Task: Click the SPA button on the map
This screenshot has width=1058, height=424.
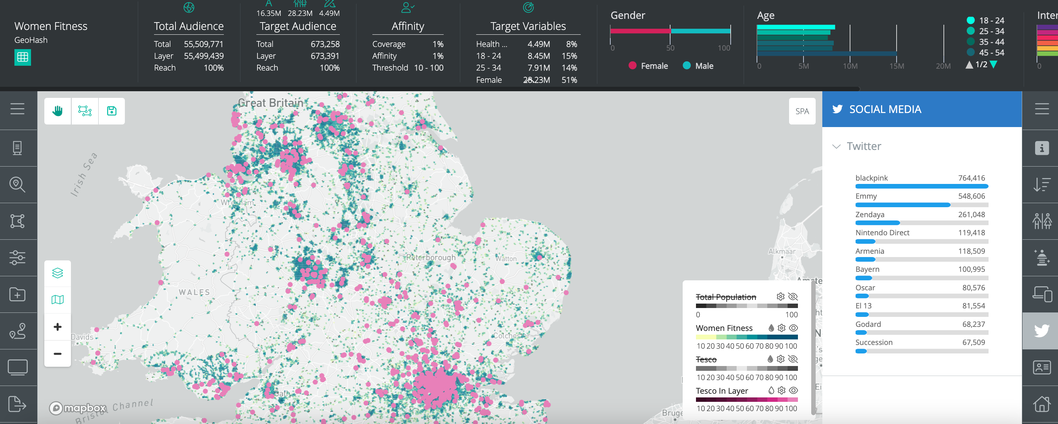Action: [802, 111]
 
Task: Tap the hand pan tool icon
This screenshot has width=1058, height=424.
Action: [58, 111]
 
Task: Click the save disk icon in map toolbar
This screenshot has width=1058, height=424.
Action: [112, 111]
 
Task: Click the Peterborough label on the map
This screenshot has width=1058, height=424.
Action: [430, 257]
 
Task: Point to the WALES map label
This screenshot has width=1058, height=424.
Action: [194, 292]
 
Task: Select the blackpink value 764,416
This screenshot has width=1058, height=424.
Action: [971, 178]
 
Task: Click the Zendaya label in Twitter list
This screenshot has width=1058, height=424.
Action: [870, 214]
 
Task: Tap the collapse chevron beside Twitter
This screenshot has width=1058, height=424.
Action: [836, 147]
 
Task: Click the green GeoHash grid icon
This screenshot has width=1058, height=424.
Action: [23, 57]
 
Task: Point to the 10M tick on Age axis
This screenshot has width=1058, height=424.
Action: [850, 66]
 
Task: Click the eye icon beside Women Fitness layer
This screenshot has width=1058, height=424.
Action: [793, 328]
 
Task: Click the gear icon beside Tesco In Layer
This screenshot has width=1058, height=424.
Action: [782, 390]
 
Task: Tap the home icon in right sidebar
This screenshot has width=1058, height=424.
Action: [1042, 404]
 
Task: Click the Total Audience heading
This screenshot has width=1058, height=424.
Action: [188, 26]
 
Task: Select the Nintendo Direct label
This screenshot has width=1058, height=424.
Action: [882, 232]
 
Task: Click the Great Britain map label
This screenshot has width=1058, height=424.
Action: [270, 103]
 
